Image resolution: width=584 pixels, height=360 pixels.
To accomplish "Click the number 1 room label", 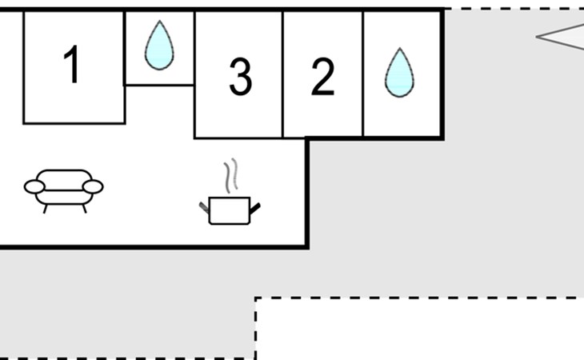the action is (x=72, y=65).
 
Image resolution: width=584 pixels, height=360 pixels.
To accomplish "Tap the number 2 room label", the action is (x=322, y=77).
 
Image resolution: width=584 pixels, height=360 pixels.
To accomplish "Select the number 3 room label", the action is (x=240, y=77).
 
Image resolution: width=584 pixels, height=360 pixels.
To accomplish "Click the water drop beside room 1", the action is (x=159, y=45).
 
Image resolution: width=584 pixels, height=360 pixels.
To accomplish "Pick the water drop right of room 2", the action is (x=399, y=73).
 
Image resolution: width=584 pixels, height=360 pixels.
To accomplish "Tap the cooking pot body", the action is (x=230, y=210).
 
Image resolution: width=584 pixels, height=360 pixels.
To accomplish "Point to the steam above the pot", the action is (x=231, y=175).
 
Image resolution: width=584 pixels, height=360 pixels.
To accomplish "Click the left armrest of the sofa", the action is (x=34, y=186).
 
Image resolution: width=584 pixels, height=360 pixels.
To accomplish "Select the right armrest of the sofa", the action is (x=93, y=186).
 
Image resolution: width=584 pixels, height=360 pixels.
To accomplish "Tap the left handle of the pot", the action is (x=204, y=208).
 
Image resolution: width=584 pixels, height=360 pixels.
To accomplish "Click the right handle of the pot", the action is (x=255, y=209).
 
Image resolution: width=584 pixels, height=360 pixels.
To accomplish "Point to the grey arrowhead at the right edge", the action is (x=558, y=37).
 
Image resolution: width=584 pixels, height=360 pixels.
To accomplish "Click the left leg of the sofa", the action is (x=46, y=209).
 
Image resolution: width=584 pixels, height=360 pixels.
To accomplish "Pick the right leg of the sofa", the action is (x=85, y=209).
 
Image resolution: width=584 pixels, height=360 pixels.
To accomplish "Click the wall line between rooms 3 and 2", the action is (x=282, y=74).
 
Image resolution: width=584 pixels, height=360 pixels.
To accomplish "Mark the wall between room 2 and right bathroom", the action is (x=362, y=74).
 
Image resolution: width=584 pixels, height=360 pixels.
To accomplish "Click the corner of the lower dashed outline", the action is (x=255, y=298).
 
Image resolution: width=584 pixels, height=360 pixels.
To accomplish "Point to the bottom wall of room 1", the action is (x=74, y=123).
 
